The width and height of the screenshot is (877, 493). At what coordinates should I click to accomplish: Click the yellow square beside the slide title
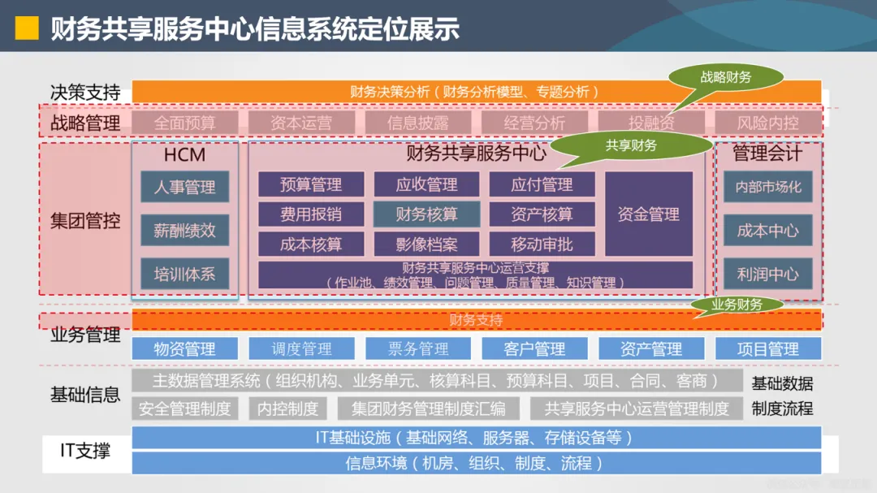click(x=28, y=28)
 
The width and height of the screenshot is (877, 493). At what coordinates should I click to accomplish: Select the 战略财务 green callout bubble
click(x=726, y=78)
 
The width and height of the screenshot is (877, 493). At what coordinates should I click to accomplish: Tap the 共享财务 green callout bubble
click(x=631, y=146)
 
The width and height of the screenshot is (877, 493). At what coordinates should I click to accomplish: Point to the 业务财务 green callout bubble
click(x=737, y=305)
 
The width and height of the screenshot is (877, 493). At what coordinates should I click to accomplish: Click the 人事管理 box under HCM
click(x=184, y=187)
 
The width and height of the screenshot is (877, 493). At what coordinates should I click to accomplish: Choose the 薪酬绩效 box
click(x=184, y=230)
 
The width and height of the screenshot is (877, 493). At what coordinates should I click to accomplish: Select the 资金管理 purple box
click(x=648, y=214)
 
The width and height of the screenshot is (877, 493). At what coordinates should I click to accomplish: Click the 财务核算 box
click(x=426, y=214)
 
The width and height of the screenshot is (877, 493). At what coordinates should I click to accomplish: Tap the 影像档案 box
click(x=426, y=244)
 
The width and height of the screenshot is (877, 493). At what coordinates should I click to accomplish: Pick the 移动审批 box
click(x=542, y=244)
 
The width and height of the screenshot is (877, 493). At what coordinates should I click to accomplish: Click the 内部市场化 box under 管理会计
click(x=767, y=187)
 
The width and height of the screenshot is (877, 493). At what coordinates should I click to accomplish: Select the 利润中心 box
click(x=767, y=274)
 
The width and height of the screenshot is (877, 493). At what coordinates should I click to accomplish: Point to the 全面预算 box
click(x=184, y=123)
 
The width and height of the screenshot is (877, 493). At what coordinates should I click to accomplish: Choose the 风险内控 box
click(x=767, y=123)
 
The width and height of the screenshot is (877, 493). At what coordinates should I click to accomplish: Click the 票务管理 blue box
click(x=418, y=349)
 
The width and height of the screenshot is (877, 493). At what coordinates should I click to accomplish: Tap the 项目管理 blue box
click(x=767, y=349)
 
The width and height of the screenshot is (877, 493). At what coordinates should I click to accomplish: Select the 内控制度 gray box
click(x=287, y=409)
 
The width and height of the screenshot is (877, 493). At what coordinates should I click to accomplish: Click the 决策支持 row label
click(x=85, y=93)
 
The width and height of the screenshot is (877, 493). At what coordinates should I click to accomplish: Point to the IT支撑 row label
click(x=85, y=450)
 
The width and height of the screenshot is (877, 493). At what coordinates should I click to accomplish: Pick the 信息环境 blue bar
click(x=475, y=464)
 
